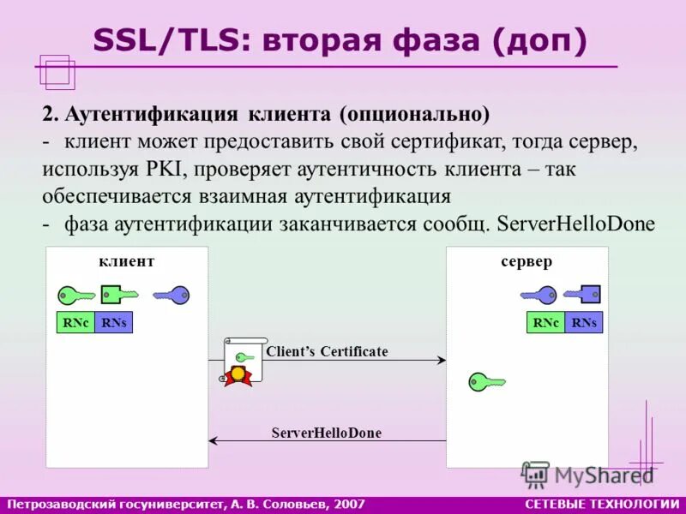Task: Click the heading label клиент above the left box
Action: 127,261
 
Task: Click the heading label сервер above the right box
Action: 527,261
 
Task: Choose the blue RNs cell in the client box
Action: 113,323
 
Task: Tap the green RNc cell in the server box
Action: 545,323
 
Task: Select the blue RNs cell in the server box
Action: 584,323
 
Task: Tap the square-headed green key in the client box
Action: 118,294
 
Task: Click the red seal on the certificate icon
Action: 238,374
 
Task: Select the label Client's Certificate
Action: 327,351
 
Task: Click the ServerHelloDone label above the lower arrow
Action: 326,433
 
